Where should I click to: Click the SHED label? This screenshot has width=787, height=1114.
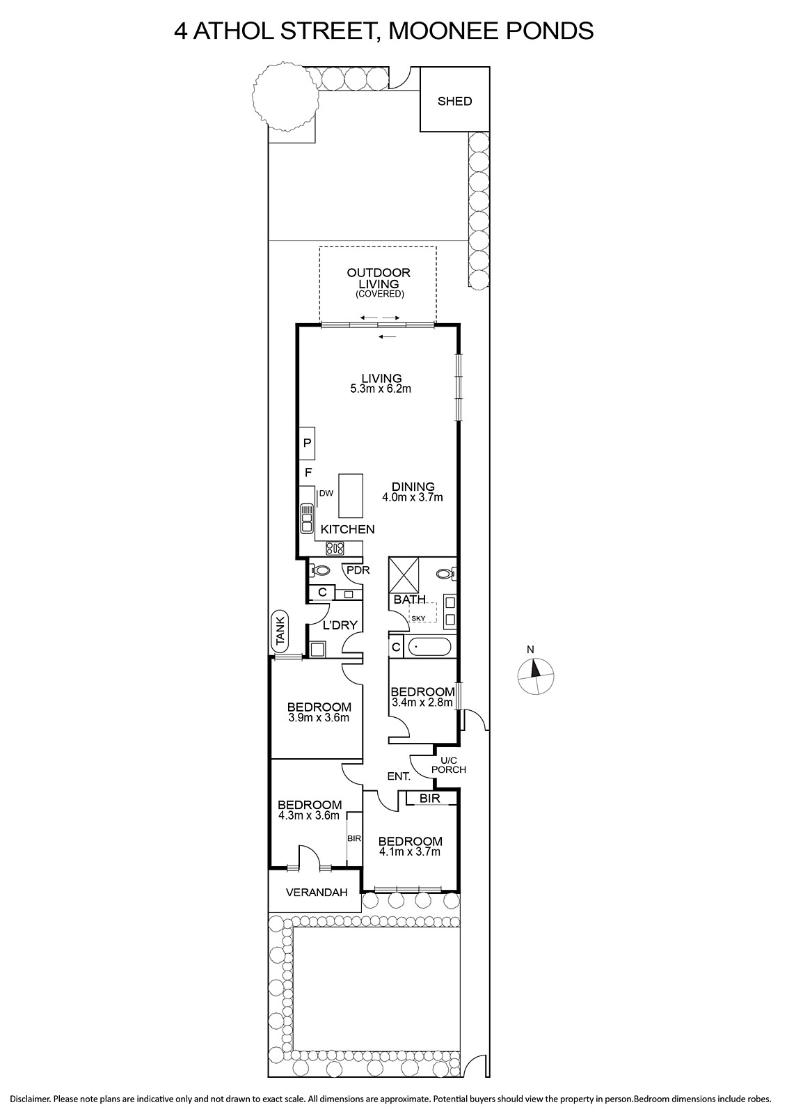point(454,102)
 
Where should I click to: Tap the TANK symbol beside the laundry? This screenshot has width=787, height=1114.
point(281,631)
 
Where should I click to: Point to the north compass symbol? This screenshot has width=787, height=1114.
point(535,675)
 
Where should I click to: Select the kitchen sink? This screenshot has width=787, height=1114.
point(307,518)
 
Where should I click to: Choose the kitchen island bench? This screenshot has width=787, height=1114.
point(351,495)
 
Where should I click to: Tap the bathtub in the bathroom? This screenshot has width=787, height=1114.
point(429,647)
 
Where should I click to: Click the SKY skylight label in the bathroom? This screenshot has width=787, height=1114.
point(419,618)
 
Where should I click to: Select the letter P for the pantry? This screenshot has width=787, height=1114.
point(308,441)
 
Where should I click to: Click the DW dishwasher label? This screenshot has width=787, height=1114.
point(326,494)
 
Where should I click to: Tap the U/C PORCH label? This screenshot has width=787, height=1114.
point(448,765)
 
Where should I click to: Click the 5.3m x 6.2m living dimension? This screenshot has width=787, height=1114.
point(381,389)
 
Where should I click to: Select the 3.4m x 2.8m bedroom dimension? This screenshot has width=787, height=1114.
point(422,703)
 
